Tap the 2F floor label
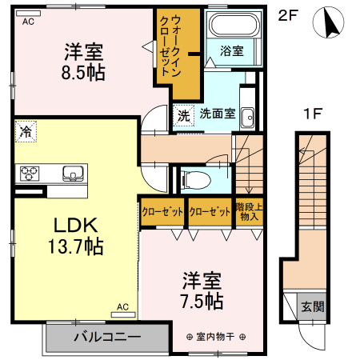click(288, 15)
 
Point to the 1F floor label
click(313, 114)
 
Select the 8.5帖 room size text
click(84, 71)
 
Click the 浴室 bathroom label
click(232, 50)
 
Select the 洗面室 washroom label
click(218, 114)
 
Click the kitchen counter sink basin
click(72, 173)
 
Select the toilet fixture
click(194, 178)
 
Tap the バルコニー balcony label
click(107, 337)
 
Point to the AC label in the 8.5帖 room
click(29, 22)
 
